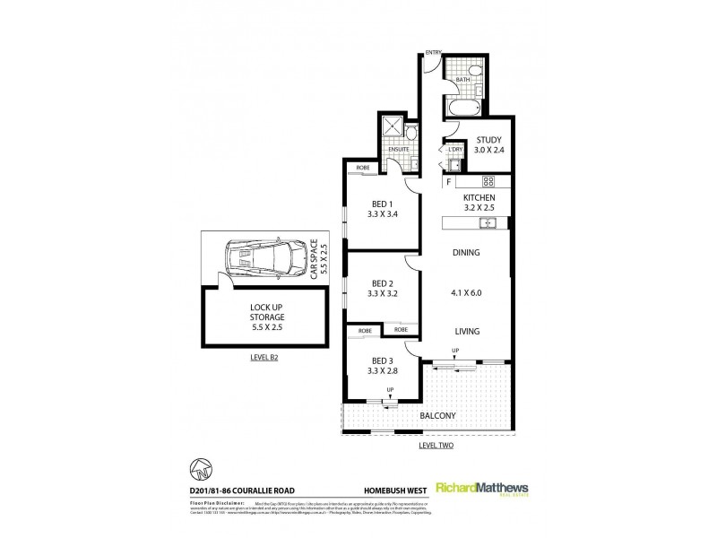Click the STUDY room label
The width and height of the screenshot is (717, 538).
coord(488,139)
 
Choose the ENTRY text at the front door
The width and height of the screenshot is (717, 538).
coord(433,52)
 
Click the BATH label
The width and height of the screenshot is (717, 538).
coord(462,80)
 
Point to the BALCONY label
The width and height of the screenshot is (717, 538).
coord(441,416)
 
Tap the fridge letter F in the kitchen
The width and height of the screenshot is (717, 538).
coord(447,182)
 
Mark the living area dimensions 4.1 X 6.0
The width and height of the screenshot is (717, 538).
coord(465,291)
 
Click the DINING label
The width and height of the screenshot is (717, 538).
coord(465,253)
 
